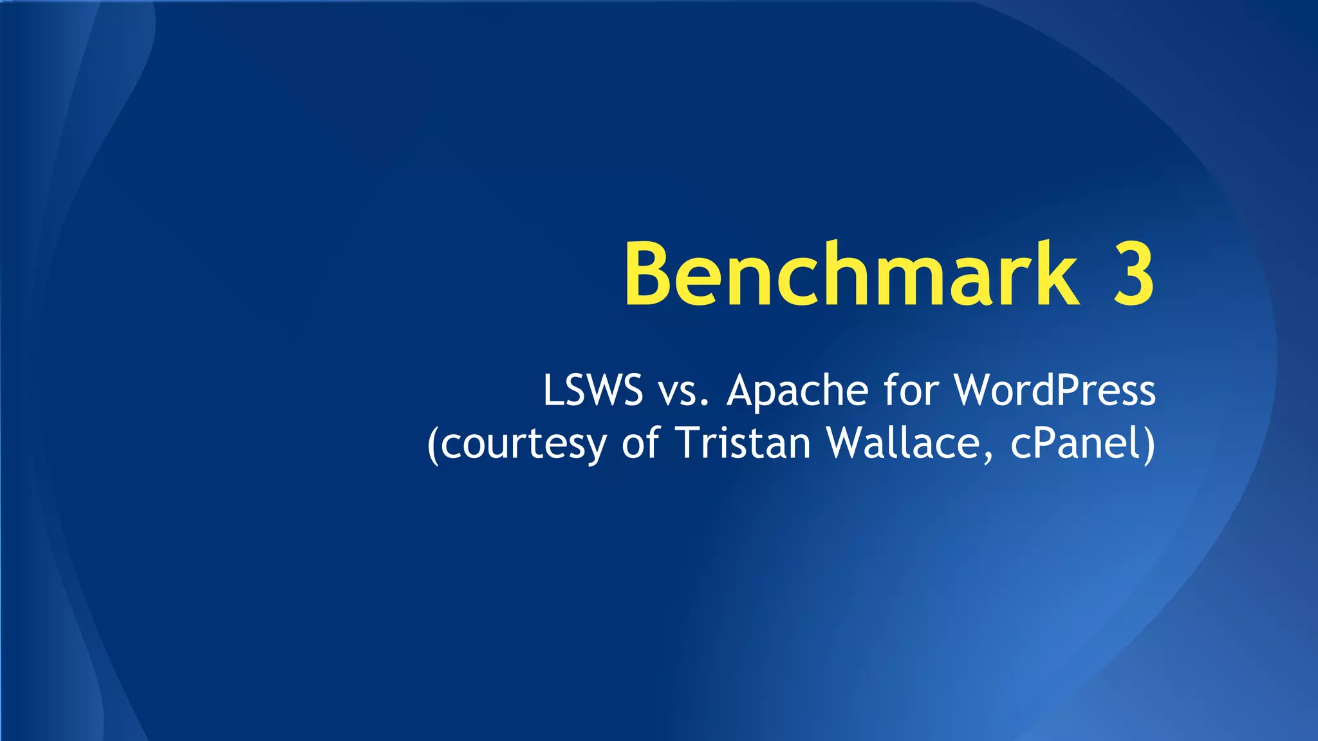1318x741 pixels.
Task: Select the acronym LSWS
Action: tap(593, 390)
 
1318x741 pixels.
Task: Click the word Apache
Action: tap(797, 390)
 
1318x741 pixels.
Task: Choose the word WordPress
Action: tap(1055, 390)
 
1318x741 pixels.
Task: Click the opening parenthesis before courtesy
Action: tap(433, 444)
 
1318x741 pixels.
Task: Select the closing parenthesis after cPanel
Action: tap(1148, 444)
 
